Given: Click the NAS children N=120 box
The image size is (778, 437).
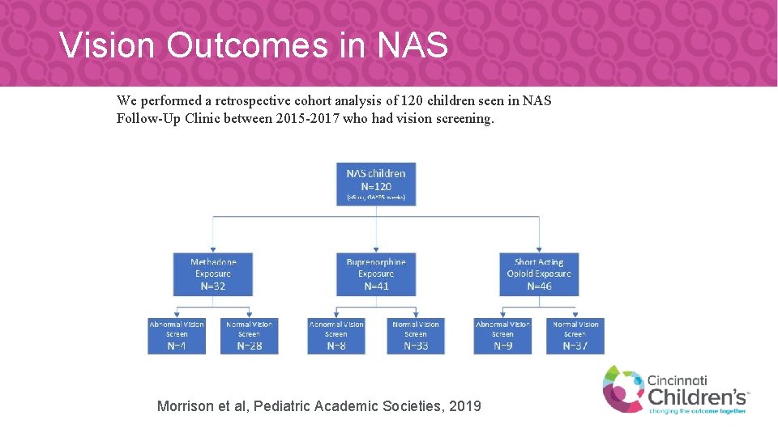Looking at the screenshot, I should [375, 185].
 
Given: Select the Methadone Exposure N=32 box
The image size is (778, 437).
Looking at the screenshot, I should [212, 273].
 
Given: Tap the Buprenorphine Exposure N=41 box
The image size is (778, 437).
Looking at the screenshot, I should [375, 273].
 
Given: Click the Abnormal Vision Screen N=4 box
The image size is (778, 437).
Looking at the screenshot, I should [176, 335].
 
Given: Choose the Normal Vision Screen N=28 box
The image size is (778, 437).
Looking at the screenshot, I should [249, 335].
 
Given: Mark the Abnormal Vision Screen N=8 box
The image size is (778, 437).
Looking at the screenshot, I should [336, 335].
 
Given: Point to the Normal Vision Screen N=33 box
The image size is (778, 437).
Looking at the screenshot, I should [415, 335].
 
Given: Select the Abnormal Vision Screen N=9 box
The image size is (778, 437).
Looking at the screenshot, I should [502, 335].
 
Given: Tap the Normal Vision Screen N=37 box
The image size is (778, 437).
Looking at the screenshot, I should [575, 335].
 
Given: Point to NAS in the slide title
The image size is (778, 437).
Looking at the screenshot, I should [413, 45].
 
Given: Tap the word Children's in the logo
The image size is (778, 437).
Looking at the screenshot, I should [697, 396].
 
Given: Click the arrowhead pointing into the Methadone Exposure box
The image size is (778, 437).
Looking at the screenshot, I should [212, 250].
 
